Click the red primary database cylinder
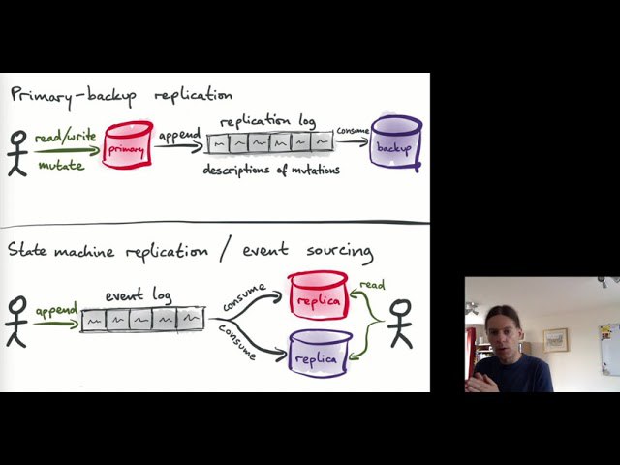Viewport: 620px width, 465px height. (x=128, y=146)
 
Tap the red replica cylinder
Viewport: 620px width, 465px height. (x=318, y=297)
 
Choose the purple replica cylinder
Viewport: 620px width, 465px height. (x=319, y=354)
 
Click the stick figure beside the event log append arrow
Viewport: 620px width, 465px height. (x=15, y=321)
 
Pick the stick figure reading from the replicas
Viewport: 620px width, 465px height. (x=400, y=324)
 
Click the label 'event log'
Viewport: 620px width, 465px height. (x=139, y=294)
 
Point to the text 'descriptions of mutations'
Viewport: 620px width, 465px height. (x=271, y=170)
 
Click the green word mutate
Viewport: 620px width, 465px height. (x=61, y=165)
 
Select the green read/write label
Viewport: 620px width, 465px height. (x=66, y=137)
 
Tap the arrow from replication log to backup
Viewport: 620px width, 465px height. (x=353, y=141)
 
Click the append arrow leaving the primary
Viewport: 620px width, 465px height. (x=180, y=144)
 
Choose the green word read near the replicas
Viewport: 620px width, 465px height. (x=372, y=286)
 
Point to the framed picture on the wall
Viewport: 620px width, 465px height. (x=555, y=338)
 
